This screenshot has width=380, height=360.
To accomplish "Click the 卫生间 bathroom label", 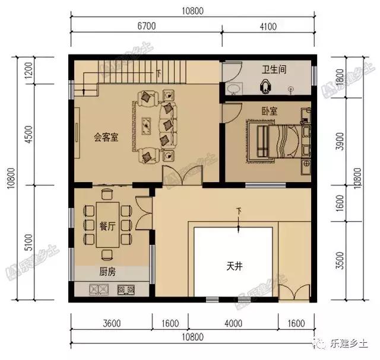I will coord(274,69).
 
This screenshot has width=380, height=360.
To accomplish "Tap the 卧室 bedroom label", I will coord(270,111).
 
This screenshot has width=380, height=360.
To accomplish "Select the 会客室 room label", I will coord(106,138).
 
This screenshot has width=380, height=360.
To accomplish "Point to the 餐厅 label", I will coord(107,225).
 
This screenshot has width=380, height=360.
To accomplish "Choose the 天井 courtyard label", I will coord(235,266).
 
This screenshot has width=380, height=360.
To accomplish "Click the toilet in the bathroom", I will coord(264,87).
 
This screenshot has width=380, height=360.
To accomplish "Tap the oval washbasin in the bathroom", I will coord(234,90).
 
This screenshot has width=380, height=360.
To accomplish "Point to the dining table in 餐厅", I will coord(107,225).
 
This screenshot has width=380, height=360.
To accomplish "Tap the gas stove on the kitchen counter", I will coord(126,290).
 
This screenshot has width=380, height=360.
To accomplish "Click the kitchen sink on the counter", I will coord(97,290).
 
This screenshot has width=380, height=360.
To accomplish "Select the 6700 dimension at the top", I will coord(146,26).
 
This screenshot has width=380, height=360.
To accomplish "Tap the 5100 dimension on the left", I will coord(23,241).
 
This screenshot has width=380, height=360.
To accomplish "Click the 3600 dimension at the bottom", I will coord(112,323).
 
